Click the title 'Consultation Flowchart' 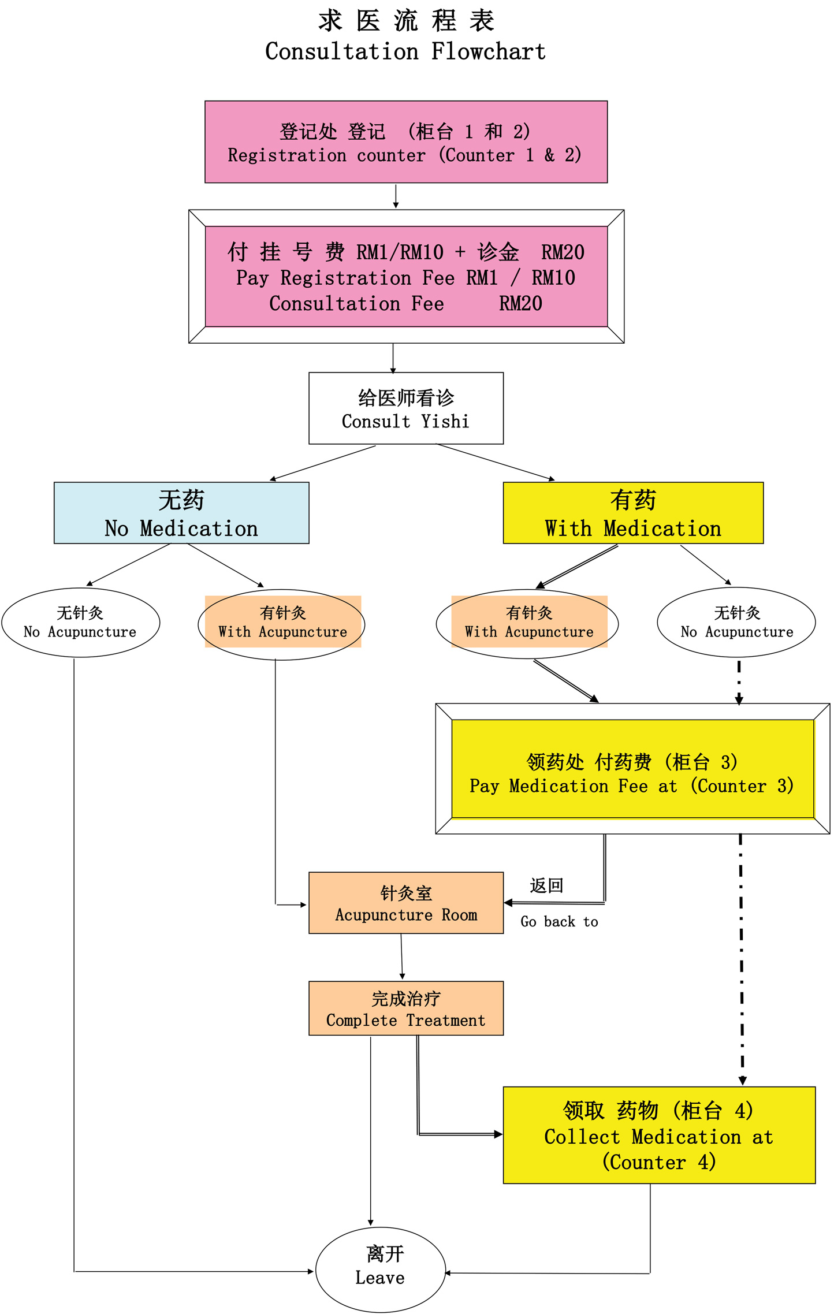click(405, 51)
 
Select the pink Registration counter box click(405, 142)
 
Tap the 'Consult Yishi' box click(405, 408)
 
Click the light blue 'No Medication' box click(181, 513)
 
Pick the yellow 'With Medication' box click(633, 513)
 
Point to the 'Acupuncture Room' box click(405, 903)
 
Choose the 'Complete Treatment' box click(405, 1008)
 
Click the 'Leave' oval click(381, 1269)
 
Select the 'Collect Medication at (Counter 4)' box click(658, 1136)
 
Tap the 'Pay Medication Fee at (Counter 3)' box click(632, 769)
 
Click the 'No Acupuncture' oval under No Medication click(81, 623)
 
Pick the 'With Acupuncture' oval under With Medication click(528, 623)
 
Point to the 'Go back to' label click(559, 922)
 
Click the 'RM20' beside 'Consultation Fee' click(520, 304)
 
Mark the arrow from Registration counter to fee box click(396, 196)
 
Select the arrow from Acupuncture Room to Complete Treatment click(402, 956)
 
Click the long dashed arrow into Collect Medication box click(742, 959)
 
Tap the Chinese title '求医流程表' click(405, 21)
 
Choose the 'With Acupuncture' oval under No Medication click(282, 623)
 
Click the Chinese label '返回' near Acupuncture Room click(546, 885)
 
